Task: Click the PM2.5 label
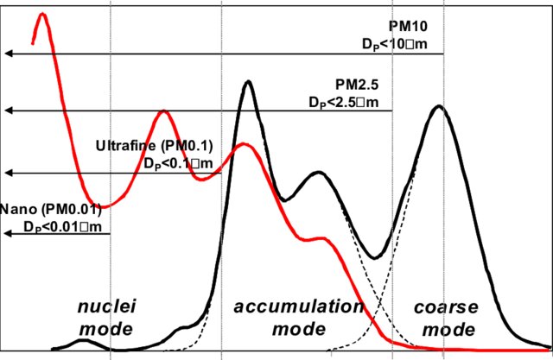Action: click(x=362, y=85)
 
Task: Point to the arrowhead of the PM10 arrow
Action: click(x=7, y=54)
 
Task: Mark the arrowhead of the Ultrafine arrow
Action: click(x=7, y=172)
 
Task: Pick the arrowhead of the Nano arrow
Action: click(x=7, y=234)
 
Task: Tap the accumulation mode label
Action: click(x=299, y=317)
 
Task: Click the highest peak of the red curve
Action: click(x=41, y=15)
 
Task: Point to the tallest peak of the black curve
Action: click(x=249, y=82)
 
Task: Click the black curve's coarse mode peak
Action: click(x=440, y=106)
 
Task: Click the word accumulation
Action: click(x=299, y=307)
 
